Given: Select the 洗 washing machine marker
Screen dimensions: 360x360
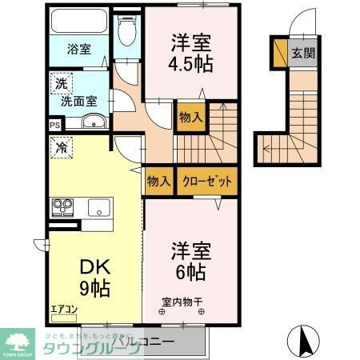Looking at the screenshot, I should coord(62,82).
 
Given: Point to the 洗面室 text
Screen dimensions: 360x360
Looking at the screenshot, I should coord(80,101).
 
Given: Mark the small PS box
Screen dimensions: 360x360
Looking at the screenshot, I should coord(54,126).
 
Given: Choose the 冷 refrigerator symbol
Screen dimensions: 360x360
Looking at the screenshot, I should coord(61,146).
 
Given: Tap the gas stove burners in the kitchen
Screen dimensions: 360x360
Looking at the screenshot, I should coord(62,207).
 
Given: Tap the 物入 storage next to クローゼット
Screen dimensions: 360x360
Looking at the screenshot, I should coord(159,182).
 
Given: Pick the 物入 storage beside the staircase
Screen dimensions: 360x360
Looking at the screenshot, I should coord(190,118).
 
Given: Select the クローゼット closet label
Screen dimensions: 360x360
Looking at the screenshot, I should coord(206,182).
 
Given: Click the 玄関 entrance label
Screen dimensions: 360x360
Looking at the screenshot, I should coord(303,54).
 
